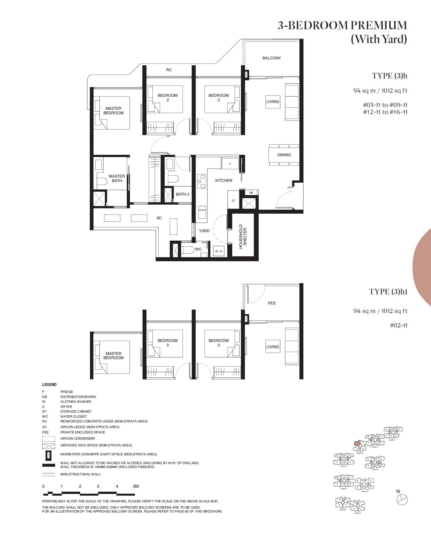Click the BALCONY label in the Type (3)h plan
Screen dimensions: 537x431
click(x=272, y=58)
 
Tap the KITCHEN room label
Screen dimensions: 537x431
click(x=224, y=180)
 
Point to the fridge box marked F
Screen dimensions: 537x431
click(x=230, y=164)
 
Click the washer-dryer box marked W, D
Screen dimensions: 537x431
click(x=218, y=251)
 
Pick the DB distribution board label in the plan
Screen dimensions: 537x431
click(x=251, y=193)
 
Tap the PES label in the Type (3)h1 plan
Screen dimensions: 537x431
click(x=272, y=303)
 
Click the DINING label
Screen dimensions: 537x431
click(x=284, y=155)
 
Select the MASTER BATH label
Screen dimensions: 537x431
click(x=117, y=178)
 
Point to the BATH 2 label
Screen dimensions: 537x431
click(x=182, y=194)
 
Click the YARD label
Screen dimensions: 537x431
click(x=204, y=231)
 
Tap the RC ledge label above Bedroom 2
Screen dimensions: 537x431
click(x=169, y=70)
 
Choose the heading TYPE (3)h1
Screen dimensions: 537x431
click(x=388, y=292)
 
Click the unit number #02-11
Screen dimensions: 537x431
click(x=398, y=325)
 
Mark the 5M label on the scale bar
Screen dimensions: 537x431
click(x=136, y=486)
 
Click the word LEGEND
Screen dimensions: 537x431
click(x=49, y=384)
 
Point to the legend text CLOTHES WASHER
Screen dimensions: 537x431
click(x=76, y=402)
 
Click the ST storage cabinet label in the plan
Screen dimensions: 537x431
click(x=233, y=201)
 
